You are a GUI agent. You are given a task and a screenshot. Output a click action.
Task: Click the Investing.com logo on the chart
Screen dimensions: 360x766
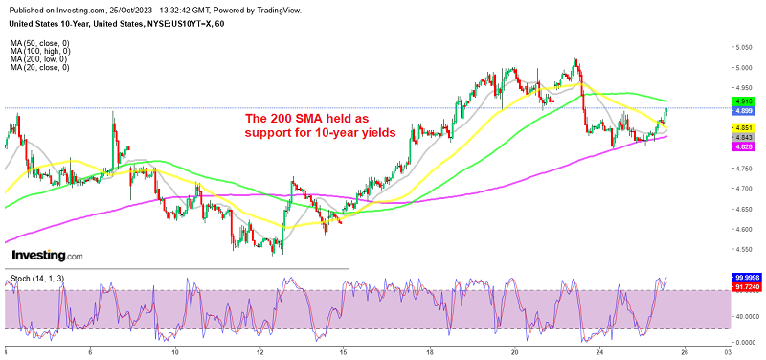[47, 256]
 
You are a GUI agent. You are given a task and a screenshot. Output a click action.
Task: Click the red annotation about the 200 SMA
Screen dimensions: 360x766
[319, 125]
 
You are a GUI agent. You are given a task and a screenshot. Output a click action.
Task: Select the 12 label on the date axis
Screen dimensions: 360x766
[260, 352]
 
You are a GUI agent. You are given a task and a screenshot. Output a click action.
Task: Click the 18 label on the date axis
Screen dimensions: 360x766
[430, 352]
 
